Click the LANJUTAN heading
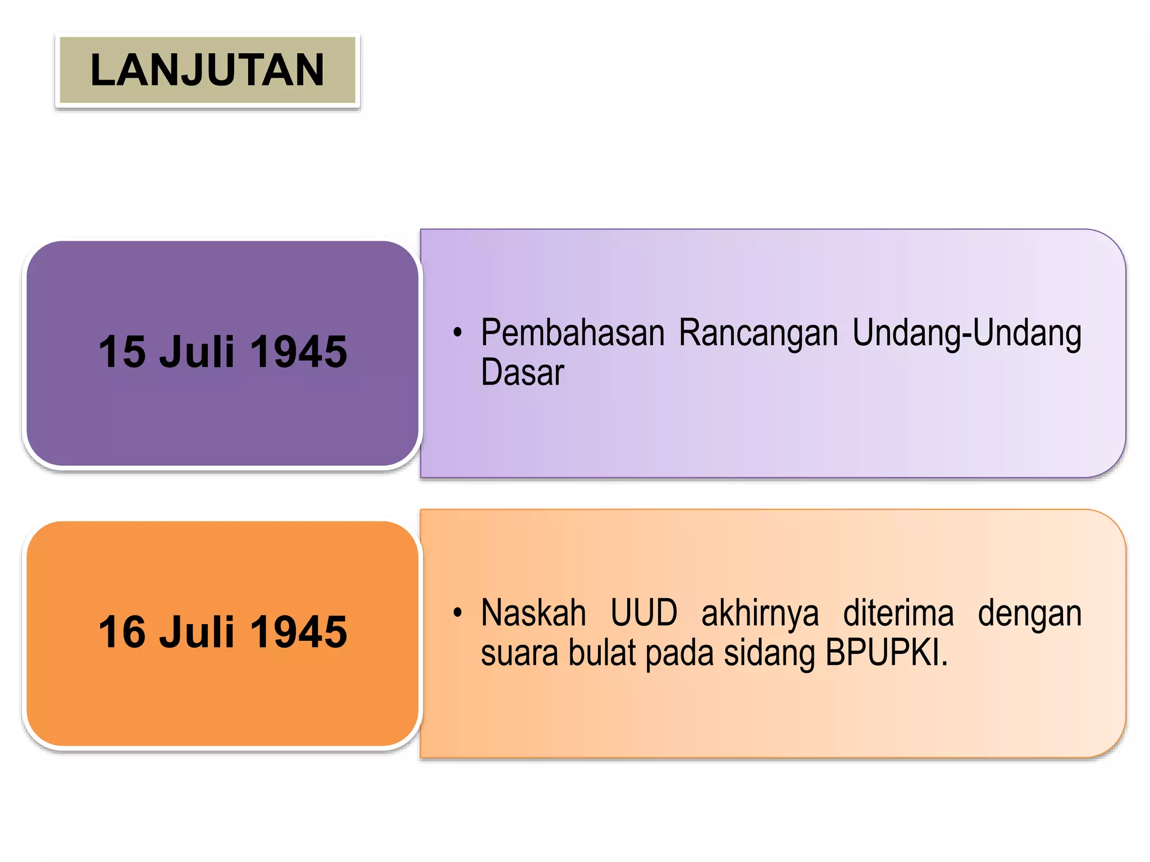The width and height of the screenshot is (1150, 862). [x=207, y=70]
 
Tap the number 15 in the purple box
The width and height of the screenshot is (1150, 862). [x=122, y=352]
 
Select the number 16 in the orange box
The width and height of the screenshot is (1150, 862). [x=122, y=632]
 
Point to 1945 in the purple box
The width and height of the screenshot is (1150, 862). [x=299, y=352]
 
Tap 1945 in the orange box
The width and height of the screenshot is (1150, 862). [x=299, y=632]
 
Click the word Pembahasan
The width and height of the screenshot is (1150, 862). [x=573, y=333]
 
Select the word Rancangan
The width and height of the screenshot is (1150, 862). [x=758, y=333]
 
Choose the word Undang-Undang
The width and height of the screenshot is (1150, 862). [x=966, y=334]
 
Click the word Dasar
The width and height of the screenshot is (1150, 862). [x=522, y=373]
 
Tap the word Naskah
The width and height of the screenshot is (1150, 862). [x=533, y=613]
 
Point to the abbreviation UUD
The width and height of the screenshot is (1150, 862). [x=644, y=613]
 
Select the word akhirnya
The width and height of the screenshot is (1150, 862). [x=760, y=614]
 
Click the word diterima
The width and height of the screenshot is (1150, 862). [x=898, y=613]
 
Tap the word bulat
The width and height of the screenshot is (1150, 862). [x=601, y=653]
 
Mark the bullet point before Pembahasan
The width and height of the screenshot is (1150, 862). [x=458, y=332]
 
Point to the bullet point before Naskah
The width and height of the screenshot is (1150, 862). [x=458, y=612]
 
